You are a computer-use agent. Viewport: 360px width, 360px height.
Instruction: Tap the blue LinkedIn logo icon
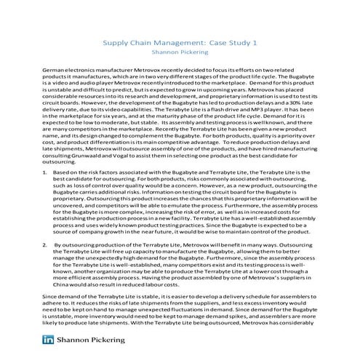click(50, 340)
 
